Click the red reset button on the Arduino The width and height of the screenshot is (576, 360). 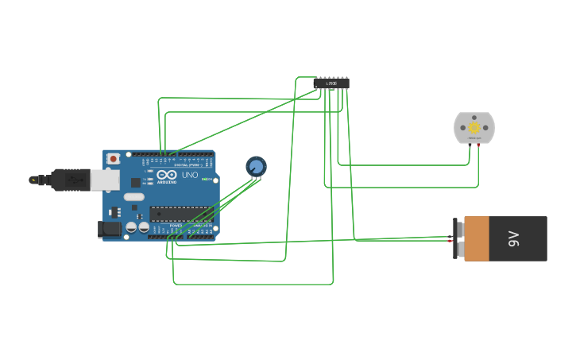click(x=114, y=159)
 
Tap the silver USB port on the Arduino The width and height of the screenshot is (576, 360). click(x=102, y=181)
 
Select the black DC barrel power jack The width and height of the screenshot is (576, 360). click(x=109, y=229)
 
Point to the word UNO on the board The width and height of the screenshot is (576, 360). click(x=190, y=175)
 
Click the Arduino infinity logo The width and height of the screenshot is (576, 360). click(x=167, y=175)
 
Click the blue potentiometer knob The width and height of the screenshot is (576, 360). click(x=256, y=166)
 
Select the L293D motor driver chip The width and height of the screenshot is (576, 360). click(x=331, y=83)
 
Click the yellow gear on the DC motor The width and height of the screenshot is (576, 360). click(x=474, y=127)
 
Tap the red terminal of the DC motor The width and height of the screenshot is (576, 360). click(x=478, y=145)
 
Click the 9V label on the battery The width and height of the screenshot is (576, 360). click(x=514, y=238)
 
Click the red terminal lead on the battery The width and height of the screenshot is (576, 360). click(x=450, y=240)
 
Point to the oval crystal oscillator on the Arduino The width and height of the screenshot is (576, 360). click(x=133, y=197)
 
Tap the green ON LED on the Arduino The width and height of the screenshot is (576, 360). click(x=205, y=180)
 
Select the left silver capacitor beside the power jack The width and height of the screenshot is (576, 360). click(x=130, y=228)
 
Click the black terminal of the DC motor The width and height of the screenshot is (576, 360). click(x=470, y=145)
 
